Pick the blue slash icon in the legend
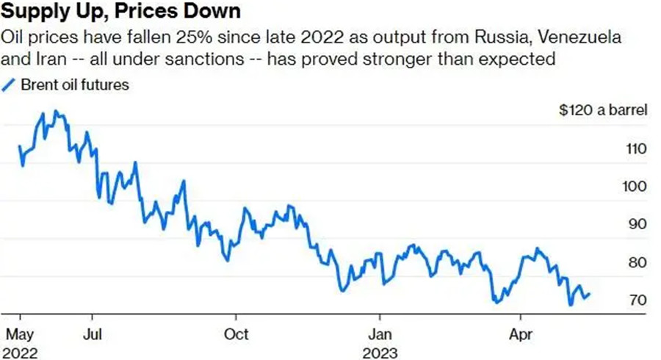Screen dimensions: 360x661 [9, 84]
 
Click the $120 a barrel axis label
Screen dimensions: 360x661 [602, 111]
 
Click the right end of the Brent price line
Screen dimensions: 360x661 [589, 295]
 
